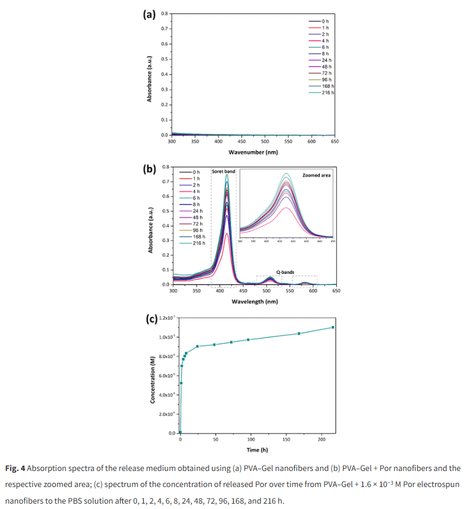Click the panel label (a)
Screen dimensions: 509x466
(151, 14)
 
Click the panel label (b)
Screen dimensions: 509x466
(151, 169)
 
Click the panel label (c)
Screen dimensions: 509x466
(152, 318)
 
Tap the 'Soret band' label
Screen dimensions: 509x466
(223, 172)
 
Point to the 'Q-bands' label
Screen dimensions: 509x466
(284, 272)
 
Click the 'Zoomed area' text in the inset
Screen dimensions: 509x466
(317, 176)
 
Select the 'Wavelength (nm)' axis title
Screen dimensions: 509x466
(254, 302)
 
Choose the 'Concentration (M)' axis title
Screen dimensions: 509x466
(153, 378)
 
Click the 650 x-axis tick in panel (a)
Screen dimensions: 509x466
(335, 141)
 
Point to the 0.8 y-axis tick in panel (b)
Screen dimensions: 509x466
(165, 167)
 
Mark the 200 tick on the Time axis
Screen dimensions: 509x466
(322, 440)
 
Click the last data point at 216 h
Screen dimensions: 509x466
(333, 327)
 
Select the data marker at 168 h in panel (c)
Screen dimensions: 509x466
(299, 333)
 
